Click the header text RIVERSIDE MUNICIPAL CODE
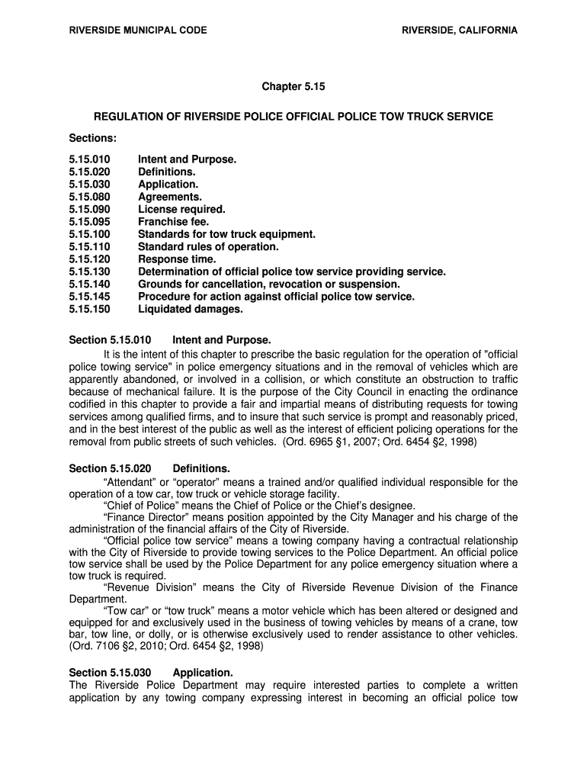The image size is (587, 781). pos(138,31)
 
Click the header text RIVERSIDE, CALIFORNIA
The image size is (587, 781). pos(460,31)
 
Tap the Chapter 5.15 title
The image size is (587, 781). pos(293,87)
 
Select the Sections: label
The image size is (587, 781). pos(93,138)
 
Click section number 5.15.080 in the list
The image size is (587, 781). pos(89,197)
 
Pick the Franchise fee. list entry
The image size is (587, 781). pos(173,222)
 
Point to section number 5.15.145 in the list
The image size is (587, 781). pos(89,297)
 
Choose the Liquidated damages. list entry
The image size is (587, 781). pos(190,309)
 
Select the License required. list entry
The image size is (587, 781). pos(181,209)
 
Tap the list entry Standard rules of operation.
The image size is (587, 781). pos(208,246)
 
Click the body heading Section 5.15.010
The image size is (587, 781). pos(111,339)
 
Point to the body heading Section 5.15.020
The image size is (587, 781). pos(111,468)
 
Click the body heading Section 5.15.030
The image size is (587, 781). pos(111,673)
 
